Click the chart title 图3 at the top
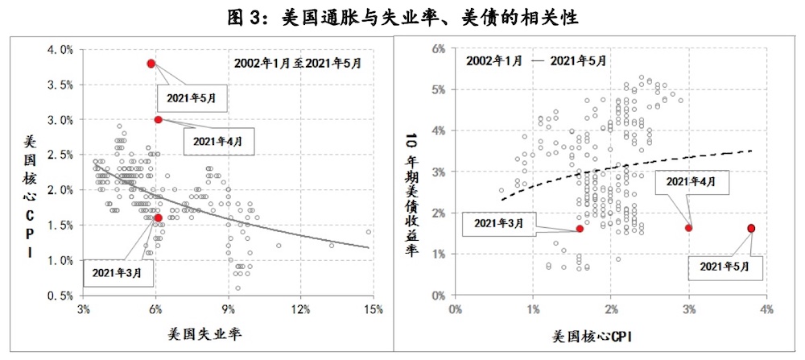click(x=403, y=17)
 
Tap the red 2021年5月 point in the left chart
click(x=151, y=64)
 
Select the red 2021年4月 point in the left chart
click(x=159, y=119)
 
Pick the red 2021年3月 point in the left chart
click(x=159, y=217)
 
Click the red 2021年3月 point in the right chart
click(x=580, y=229)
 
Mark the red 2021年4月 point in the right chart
click(x=688, y=228)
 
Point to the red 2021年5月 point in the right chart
click(x=751, y=228)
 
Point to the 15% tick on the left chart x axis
click(x=373, y=310)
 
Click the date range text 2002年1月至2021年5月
click(x=298, y=61)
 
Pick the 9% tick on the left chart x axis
click(x=229, y=310)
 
